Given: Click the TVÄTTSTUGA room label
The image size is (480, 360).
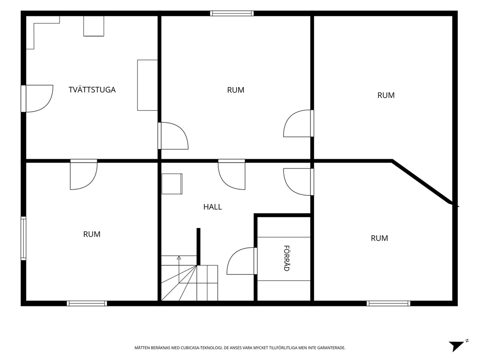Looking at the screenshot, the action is pos(92,90).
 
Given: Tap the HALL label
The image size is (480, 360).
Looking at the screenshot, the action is pos(212,207).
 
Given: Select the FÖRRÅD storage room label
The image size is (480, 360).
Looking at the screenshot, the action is pos(286,258).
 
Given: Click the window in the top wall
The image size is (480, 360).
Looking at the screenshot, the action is pos(232,13).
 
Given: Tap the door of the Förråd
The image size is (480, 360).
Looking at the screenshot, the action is pos(242,261).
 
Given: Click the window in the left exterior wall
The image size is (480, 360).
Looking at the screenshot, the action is pos(23,238).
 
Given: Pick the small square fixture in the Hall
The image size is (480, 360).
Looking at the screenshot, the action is pos(172,184).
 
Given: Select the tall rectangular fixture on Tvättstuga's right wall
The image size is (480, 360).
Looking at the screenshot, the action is pos(147,85).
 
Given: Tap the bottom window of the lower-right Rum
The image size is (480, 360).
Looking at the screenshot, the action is pos(389,303).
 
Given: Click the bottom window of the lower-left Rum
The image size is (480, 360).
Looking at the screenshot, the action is pos(87,303).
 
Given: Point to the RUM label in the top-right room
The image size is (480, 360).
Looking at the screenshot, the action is pos(386,95).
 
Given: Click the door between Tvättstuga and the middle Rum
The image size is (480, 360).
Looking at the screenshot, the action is pos(173,135).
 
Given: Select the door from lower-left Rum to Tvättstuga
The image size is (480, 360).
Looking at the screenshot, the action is pos(84,175).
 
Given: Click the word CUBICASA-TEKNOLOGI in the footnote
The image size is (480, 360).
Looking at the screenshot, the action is pos(199,348).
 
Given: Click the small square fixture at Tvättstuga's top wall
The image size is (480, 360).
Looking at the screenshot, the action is pos(94,26).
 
